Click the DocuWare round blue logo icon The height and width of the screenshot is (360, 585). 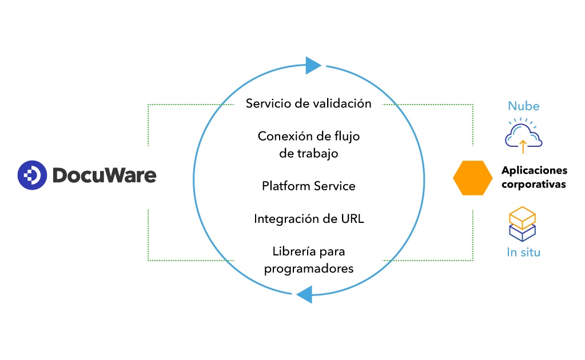(x=32, y=175)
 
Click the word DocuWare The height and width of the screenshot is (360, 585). (x=104, y=175)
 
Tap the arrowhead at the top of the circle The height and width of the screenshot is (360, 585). (x=313, y=66)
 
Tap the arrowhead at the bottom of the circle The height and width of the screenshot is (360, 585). (x=304, y=294)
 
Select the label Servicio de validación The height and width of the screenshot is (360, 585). (x=308, y=103)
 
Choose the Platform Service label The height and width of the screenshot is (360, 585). (x=308, y=186)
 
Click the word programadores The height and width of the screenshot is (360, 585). (x=308, y=269)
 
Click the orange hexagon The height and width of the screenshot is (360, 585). (x=472, y=178)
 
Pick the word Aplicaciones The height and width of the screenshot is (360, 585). (x=534, y=170)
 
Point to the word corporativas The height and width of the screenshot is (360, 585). (x=533, y=185)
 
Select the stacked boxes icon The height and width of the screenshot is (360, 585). (x=522, y=223)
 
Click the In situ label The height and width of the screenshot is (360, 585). (x=523, y=252)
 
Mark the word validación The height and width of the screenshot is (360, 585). (x=345, y=103)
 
